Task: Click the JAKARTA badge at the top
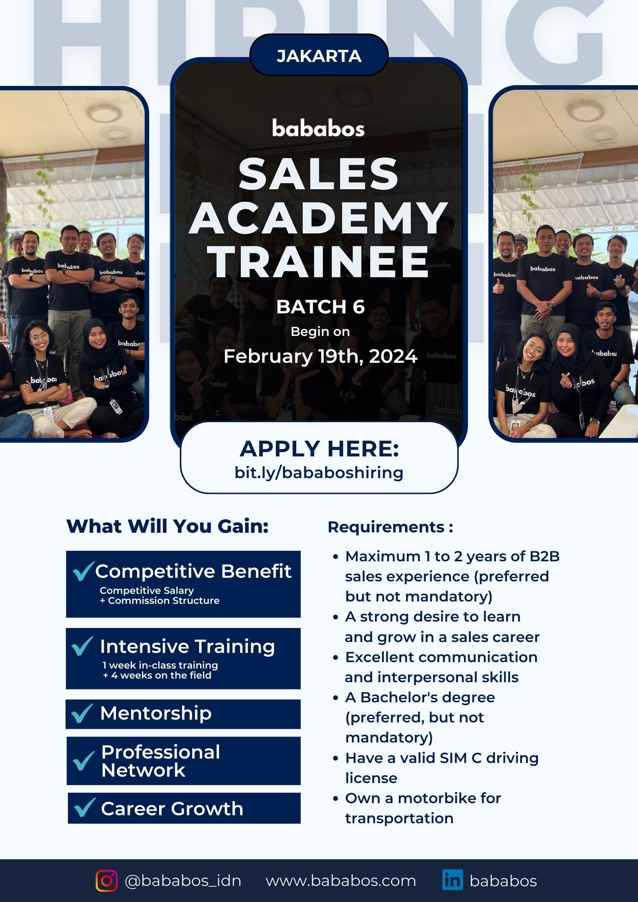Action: [319, 55]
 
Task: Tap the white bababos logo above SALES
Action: [318, 128]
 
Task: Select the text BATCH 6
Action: [320, 307]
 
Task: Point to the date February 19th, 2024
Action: [320, 356]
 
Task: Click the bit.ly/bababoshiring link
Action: [319, 473]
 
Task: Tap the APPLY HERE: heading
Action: [319, 449]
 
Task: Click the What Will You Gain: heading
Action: [167, 526]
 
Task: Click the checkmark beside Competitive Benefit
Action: [84, 571]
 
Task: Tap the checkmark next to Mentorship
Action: [82, 713]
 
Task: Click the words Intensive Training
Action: [187, 646]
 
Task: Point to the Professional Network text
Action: [161, 761]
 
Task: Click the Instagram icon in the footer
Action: [107, 881]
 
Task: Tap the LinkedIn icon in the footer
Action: [452, 880]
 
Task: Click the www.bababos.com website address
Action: [341, 881]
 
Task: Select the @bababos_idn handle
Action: [183, 881]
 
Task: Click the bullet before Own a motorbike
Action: [336, 799]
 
